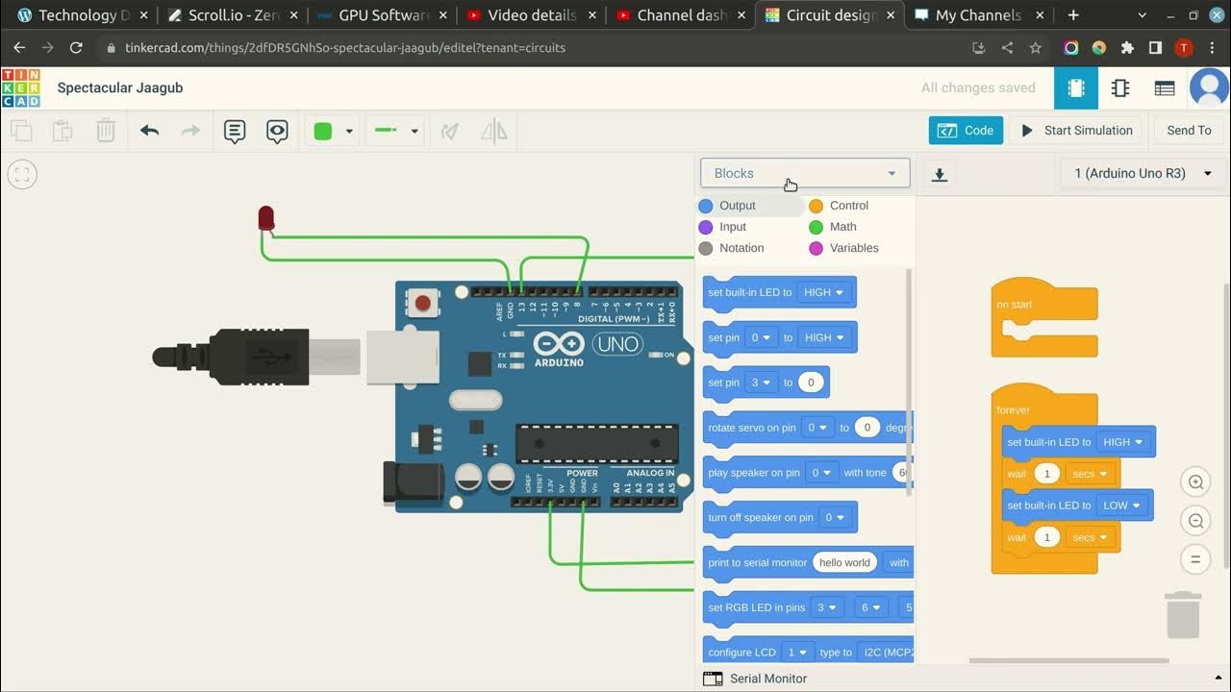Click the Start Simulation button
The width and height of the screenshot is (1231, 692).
click(x=1077, y=131)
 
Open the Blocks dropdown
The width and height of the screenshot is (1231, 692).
click(x=805, y=173)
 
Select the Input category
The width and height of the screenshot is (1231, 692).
click(x=732, y=227)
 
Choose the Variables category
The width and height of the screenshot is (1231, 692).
click(x=853, y=248)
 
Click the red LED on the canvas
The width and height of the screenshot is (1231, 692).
click(x=266, y=218)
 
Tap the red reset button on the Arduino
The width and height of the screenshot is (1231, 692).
click(x=422, y=304)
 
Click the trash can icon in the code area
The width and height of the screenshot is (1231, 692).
click(x=1183, y=615)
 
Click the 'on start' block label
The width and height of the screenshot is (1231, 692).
click(x=1015, y=305)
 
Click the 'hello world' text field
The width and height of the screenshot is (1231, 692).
click(x=844, y=563)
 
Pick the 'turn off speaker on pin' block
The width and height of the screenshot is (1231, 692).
click(x=760, y=518)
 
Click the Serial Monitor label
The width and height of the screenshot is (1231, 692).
click(x=767, y=679)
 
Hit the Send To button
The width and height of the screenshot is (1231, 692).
click(x=1189, y=131)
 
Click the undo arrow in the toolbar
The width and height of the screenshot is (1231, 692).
click(x=149, y=131)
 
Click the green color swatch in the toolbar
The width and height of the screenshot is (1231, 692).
click(x=323, y=132)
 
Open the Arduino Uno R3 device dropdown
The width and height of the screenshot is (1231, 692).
click(x=1143, y=173)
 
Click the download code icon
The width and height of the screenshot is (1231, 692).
click(x=940, y=174)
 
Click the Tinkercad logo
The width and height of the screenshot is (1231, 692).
click(x=20, y=87)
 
